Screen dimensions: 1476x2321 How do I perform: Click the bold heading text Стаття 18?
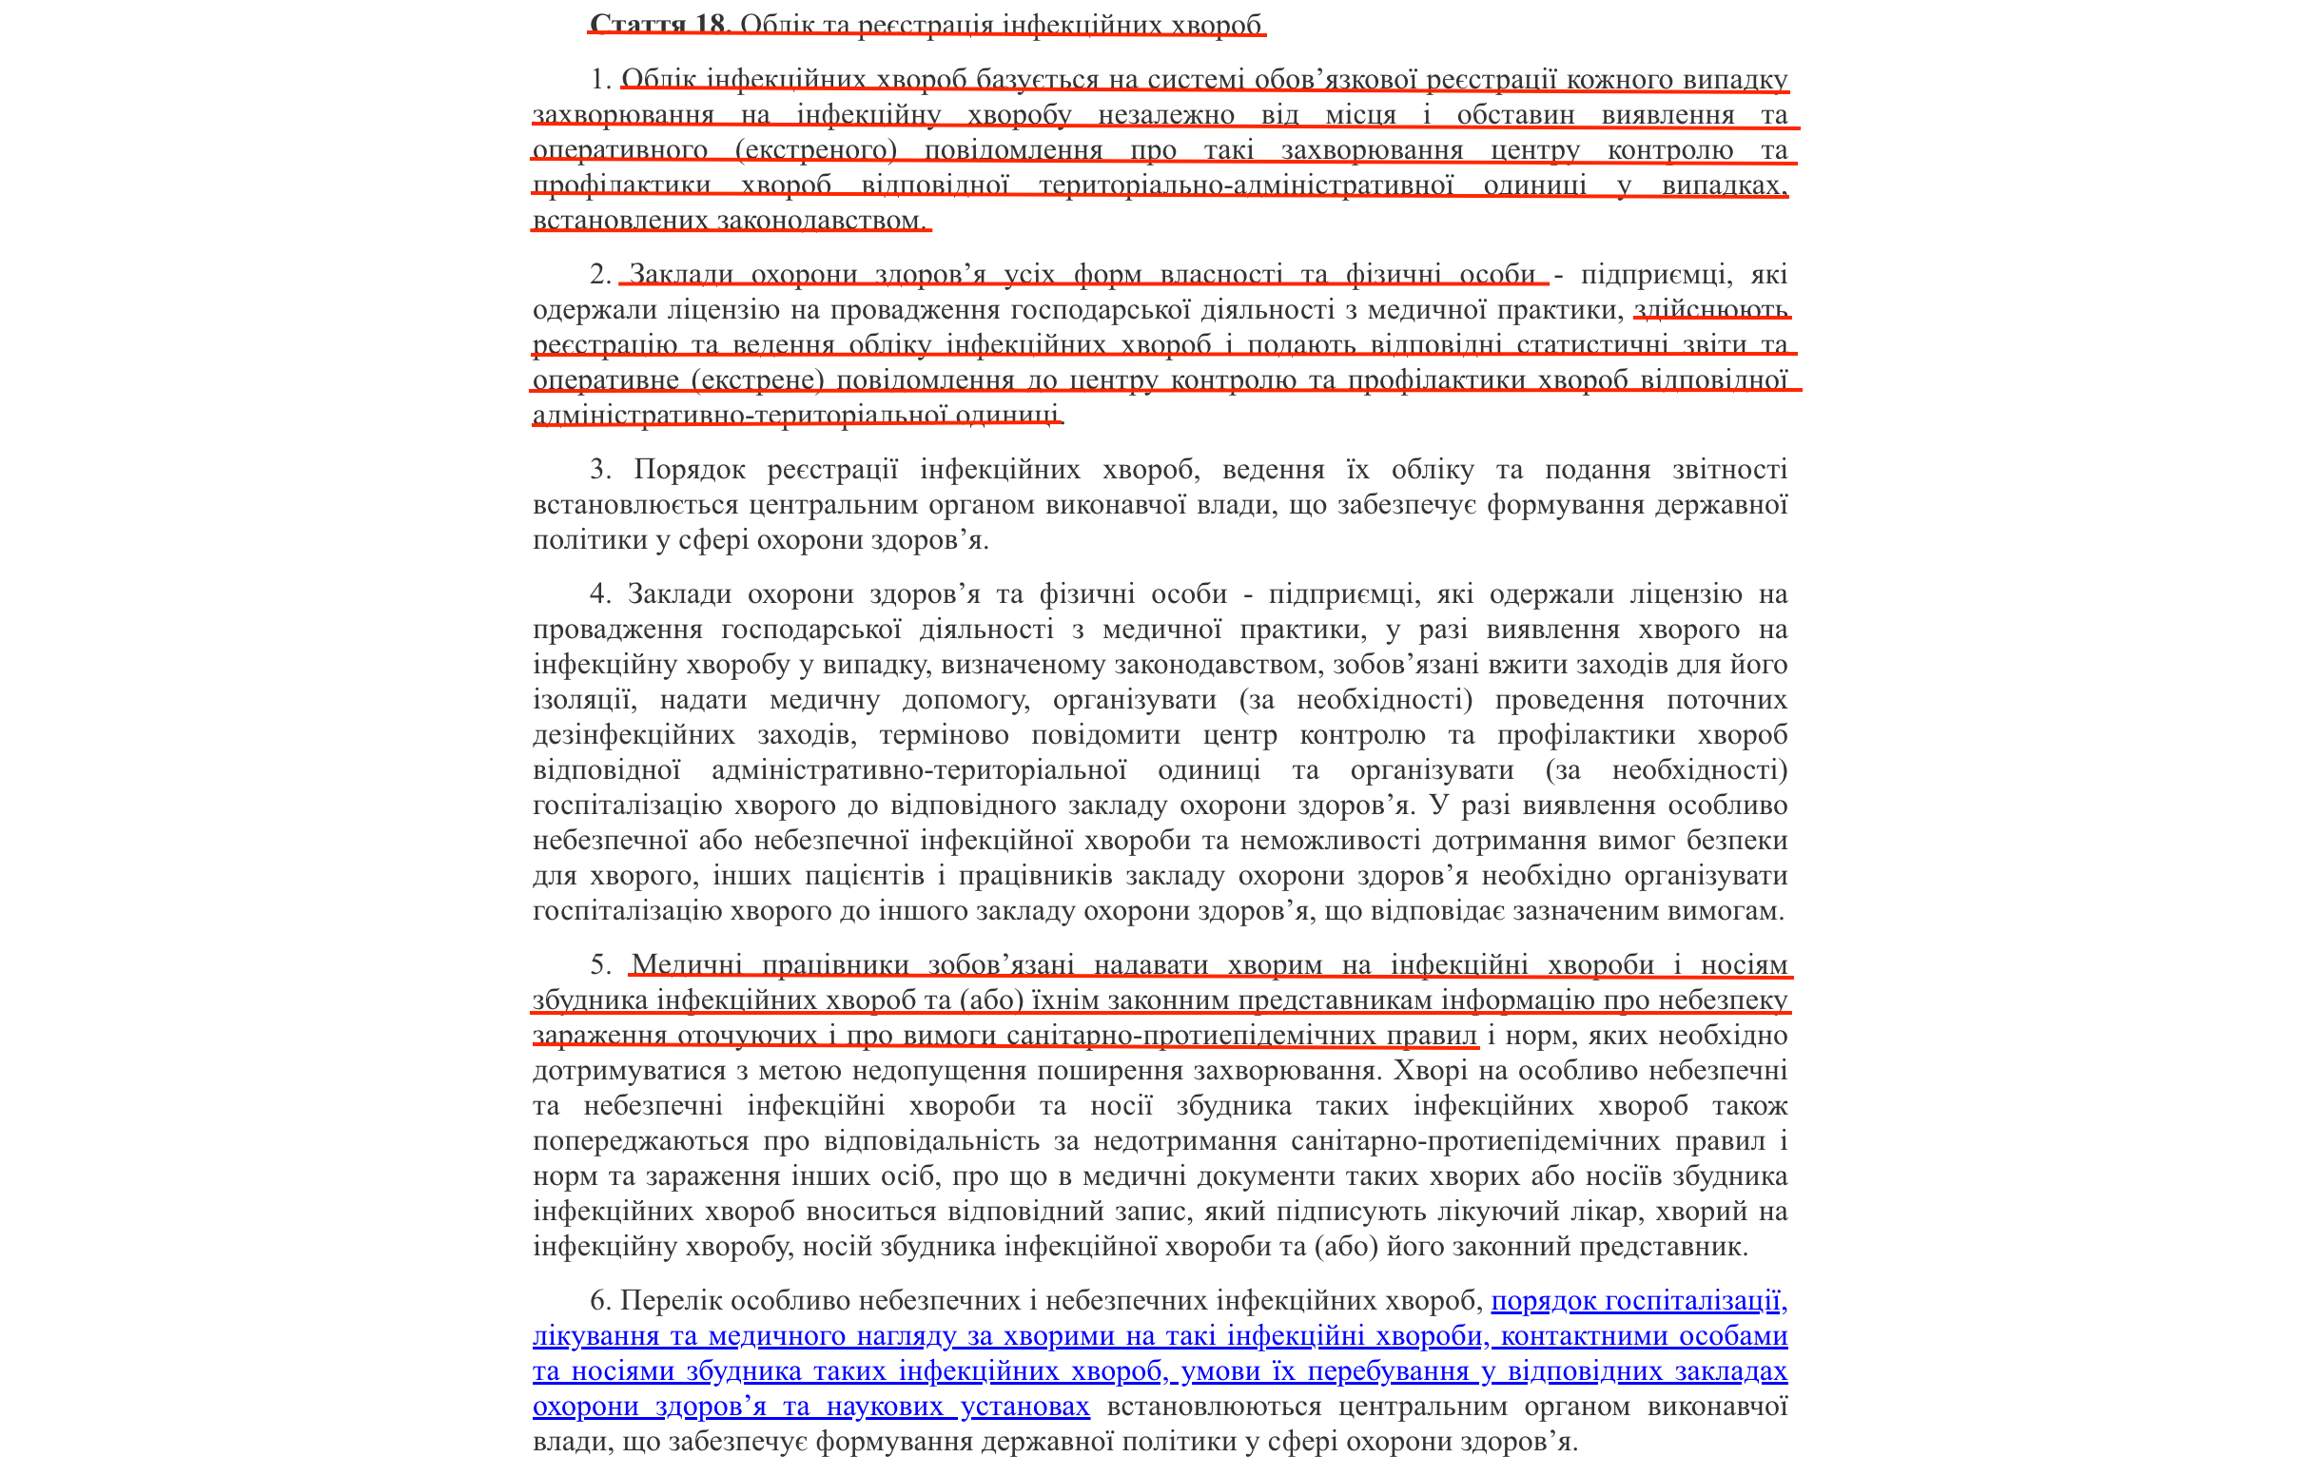pos(657,23)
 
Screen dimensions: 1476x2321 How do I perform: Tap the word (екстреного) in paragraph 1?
pos(815,150)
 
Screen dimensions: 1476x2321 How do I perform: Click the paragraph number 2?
pos(599,275)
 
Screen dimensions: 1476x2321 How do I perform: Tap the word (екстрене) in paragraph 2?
pos(757,380)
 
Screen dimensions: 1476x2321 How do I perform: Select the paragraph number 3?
pos(599,470)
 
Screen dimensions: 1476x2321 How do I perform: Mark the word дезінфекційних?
pos(634,735)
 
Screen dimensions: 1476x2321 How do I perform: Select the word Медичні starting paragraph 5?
pos(686,965)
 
